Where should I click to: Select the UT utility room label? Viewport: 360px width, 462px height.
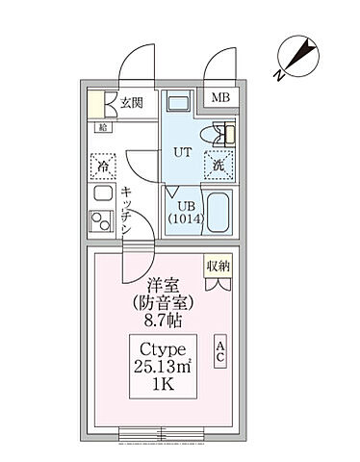pos(180,152)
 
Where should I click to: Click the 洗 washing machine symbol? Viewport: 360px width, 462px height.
pos(219,165)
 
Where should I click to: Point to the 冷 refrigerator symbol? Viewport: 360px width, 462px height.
pos(101,166)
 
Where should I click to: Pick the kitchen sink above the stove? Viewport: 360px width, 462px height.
pos(101,195)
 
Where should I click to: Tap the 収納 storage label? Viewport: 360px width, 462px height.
pos(219,265)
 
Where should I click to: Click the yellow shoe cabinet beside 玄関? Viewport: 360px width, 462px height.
pos(98,103)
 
